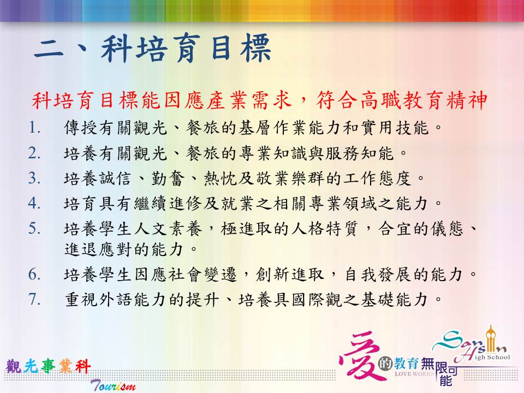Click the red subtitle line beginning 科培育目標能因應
click(259, 100)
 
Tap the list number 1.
click(34, 128)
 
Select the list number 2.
click(34, 153)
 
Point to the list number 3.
click(34, 178)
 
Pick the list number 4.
click(34, 203)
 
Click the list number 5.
click(34, 229)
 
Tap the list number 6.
click(34, 275)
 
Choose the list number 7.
click(34, 299)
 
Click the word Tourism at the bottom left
click(114, 385)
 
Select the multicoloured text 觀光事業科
click(49, 366)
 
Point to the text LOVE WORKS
click(414, 373)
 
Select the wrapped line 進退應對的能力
click(131, 249)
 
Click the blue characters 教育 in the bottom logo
click(406, 364)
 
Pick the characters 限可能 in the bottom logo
click(446, 373)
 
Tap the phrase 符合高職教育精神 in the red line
click(402, 100)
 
